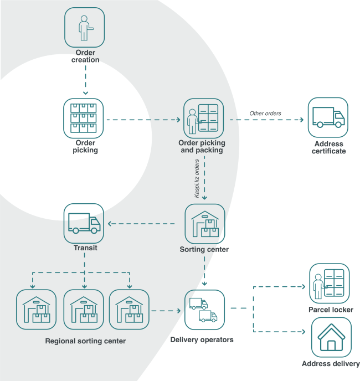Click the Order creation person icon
point(85,27)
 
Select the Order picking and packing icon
point(203,119)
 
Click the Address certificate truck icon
point(328,117)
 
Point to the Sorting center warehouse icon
point(204,224)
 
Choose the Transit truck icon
point(84,223)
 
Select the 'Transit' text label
point(85,248)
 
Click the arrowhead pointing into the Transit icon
point(110,224)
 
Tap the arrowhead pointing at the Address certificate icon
point(302,120)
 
